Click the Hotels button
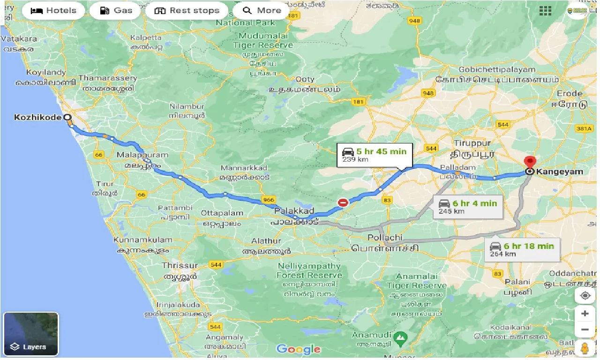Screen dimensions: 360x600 (x=53, y=10)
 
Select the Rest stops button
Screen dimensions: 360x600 (x=187, y=10)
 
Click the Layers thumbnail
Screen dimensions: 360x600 (x=31, y=334)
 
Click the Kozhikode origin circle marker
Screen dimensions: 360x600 (x=67, y=117)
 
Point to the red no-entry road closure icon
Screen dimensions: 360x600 (x=343, y=202)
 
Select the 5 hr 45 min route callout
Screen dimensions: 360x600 (x=375, y=155)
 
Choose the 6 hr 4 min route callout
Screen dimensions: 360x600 (x=468, y=207)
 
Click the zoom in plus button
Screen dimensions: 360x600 (x=585, y=313)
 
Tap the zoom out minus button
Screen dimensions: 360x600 (x=585, y=330)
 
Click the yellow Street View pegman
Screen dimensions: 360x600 (x=585, y=349)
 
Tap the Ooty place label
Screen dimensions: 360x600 (x=305, y=79)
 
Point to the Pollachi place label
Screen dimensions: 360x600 (x=385, y=237)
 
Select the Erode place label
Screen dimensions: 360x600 (x=570, y=93)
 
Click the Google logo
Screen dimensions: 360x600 (x=299, y=349)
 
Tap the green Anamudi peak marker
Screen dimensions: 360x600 (x=400, y=337)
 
